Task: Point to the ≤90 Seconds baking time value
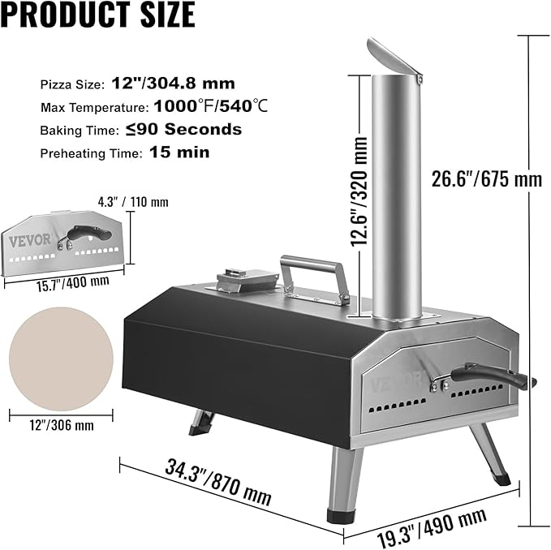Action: point(196,129)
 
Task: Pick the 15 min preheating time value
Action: point(179,152)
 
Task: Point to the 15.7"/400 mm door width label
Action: point(60,281)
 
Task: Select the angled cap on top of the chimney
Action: point(395,61)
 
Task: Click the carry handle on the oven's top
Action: point(313,272)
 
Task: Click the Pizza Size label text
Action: point(72,84)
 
